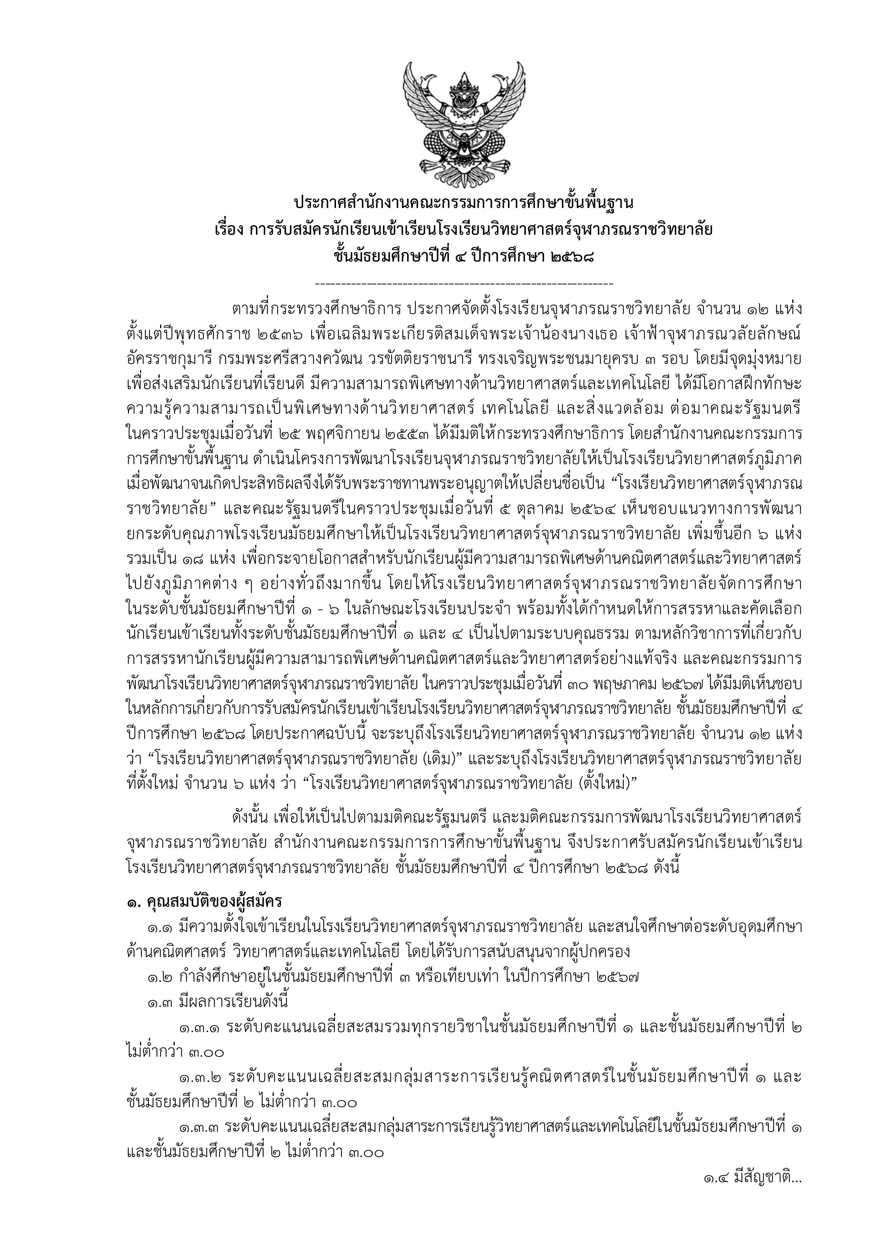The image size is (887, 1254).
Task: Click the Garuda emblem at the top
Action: pos(464,124)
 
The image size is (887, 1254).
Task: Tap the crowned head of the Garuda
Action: pos(464,93)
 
